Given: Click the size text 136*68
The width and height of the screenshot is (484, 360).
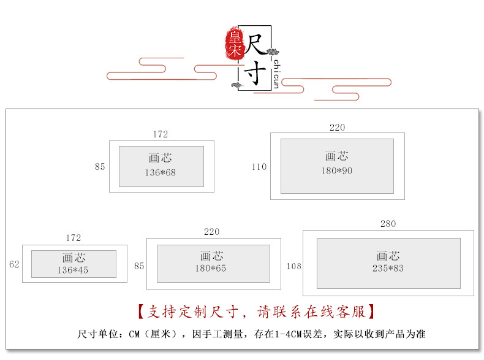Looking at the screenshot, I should (161, 173).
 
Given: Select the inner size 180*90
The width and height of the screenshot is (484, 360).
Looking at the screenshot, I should (337, 171).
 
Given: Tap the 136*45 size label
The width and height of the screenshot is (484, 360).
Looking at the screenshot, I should (73, 270).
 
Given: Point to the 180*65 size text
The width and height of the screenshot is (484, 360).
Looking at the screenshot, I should (211, 269).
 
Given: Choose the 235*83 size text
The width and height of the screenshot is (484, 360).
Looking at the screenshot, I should (388, 269).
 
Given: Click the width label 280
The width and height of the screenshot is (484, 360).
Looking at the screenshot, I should (388, 224).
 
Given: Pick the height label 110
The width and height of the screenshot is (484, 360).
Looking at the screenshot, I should (259, 167).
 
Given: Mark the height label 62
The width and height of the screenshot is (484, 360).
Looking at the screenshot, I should (15, 265).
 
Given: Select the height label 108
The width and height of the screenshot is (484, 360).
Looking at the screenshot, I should (293, 267).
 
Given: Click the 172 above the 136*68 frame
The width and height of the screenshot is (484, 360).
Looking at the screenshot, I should (161, 134).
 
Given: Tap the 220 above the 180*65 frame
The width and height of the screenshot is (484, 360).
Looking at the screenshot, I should (211, 232).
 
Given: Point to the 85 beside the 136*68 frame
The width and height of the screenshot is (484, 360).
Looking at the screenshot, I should (100, 167).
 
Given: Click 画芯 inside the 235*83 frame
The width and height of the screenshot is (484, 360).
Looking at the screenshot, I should (388, 256).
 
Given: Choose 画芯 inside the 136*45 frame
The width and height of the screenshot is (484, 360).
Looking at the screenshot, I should (73, 258).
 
